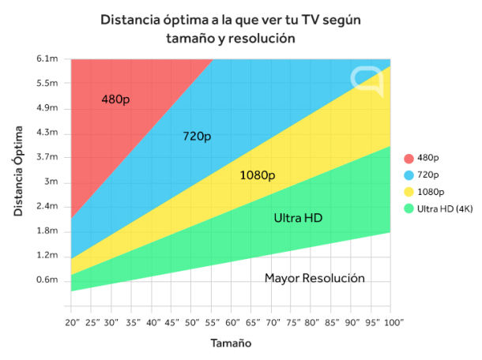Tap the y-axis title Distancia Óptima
[x=17, y=170]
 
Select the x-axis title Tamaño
[x=232, y=343]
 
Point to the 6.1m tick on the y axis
[x=47, y=59]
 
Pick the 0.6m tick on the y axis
[x=47, y=279]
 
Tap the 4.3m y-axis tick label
[x=47, y=133]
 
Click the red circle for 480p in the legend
[x=409, y=156]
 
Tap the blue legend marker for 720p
[x=409, y=174]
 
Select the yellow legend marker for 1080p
[x=409, y=191]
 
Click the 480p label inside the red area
[x=115, y=99]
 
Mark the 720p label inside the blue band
[x=197, y=137]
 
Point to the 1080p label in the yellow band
[x=257, y=174]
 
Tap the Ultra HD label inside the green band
[x=298, y=218]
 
